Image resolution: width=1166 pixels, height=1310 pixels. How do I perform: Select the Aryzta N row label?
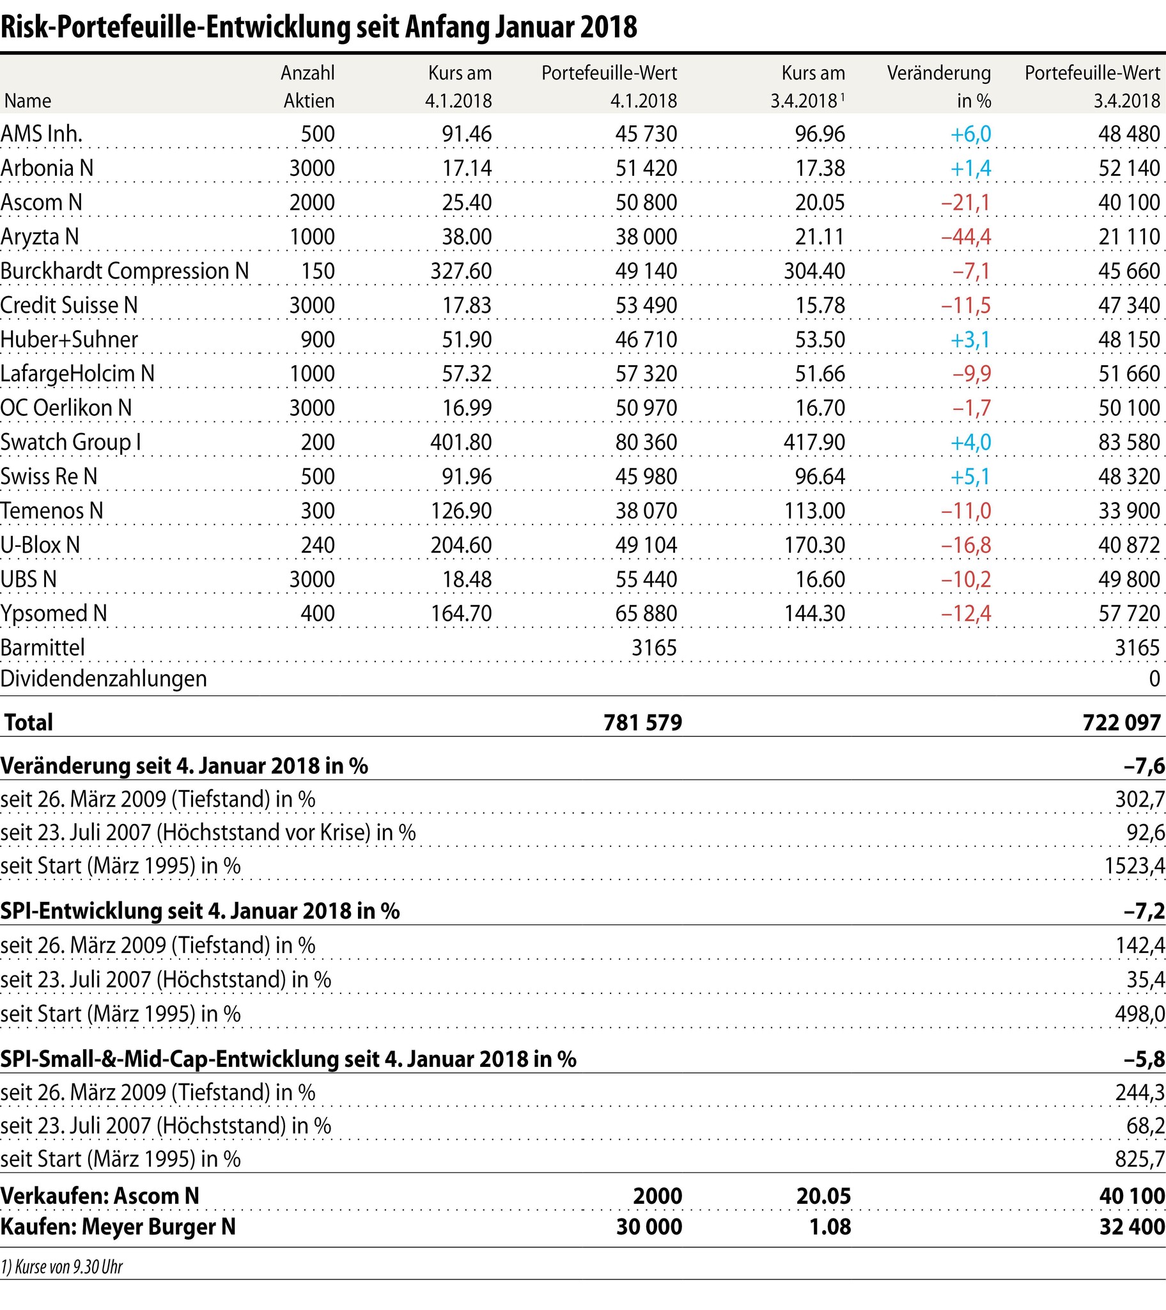point(40,237)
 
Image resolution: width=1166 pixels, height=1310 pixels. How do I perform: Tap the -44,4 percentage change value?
point(965,237)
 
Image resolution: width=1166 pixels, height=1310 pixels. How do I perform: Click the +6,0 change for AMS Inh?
point(970,134)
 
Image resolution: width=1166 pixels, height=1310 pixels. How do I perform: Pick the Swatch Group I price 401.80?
point(461,442)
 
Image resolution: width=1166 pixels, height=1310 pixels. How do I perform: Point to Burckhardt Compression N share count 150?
point(318,271)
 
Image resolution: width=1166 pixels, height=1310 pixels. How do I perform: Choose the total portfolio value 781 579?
point(642,722)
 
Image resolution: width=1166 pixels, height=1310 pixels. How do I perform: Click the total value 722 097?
point(1121,722)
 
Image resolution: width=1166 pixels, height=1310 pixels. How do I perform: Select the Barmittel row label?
point(43,647)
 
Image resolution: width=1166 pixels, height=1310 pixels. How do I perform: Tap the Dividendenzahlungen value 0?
point(1154,678)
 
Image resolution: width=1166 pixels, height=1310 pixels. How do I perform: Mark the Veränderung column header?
point(938,73)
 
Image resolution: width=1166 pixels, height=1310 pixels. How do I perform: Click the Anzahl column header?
point(307,73)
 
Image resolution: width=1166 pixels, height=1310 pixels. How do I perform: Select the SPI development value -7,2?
point(1144,911)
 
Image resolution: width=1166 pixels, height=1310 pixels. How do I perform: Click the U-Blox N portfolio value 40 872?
point(1129,545)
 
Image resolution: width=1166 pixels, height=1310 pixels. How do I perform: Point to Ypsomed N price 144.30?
point(814,613)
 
